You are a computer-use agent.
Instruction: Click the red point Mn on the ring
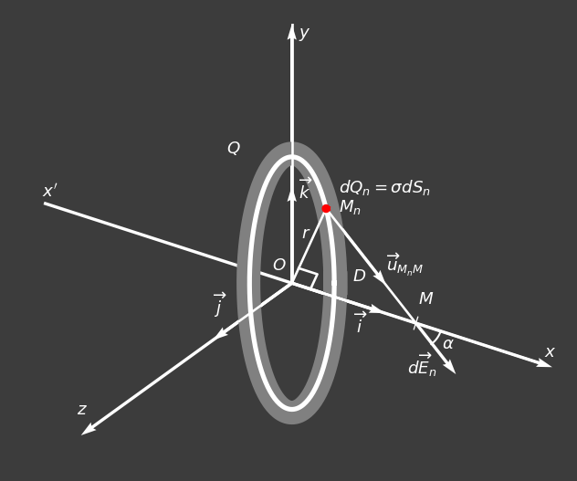click(326, 208)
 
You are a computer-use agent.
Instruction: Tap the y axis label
click(304, 34)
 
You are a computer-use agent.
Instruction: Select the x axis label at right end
click(550, 352)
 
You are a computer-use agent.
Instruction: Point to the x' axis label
click(49, 192)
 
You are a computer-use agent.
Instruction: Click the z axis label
click(82, 410)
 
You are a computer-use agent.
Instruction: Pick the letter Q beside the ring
click(234, 149)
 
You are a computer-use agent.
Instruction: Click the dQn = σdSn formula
click(384, 188)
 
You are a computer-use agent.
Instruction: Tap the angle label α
click(448, 344)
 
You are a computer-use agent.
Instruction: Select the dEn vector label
click(422, 365)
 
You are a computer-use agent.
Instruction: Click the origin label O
click(278, 266)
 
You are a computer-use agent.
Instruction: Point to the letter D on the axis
click(359, 277)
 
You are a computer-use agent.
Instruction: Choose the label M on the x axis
click(425, 299)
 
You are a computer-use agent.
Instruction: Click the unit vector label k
click(305, 190)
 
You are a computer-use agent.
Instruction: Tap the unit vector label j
click(219, 305)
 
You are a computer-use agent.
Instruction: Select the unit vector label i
click(360, 323)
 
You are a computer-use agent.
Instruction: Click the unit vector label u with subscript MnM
click(404, 265)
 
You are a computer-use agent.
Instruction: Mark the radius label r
click(306, 234)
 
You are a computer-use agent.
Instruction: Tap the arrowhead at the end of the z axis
click(89, 429)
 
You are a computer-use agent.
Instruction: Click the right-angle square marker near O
click(307, 278)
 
